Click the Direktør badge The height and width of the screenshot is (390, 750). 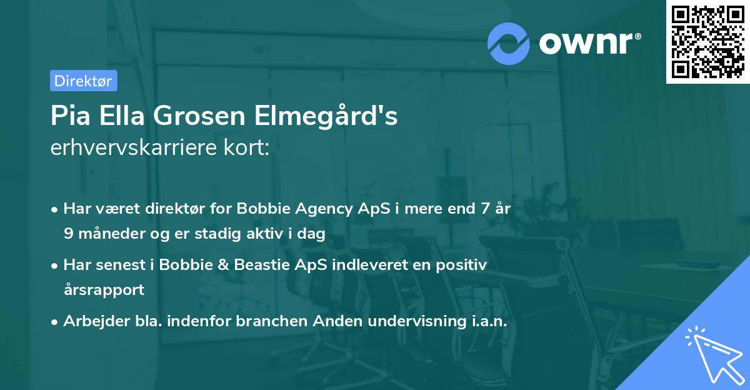click(83, 81)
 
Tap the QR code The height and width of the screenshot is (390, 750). click(707, 41)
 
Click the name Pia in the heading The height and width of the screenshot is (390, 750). click(67, 116)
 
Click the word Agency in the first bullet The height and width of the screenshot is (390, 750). click(326, 209)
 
